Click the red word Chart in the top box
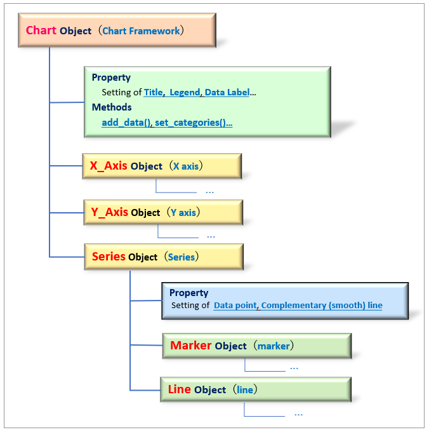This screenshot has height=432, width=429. click(x=41, y=30)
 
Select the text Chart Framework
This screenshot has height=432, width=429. click(x=141, y=31)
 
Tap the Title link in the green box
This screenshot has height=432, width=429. click(x=154, y=92)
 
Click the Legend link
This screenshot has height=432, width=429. click(x=185, y=93)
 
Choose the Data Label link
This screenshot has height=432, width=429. click(x=227, y=92)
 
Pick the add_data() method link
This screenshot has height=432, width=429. click(x=126, y=123)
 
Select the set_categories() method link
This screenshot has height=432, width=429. click(x=194, y=123)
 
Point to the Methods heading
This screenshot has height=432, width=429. click(x=112, y=107)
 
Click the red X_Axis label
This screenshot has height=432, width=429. click(x=109, y=166)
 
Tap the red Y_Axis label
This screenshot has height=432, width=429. click(x=110, y=212)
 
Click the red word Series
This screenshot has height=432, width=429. click(x=109, y=257)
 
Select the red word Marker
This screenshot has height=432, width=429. click(x=190, y=346)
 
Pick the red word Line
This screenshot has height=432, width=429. click(x=180, y=389)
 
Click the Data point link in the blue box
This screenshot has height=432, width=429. click(x=235, y=306)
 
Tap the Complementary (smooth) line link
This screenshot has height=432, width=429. click(x=322, y=306)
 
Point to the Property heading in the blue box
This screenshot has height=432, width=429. click(x=188, y=293)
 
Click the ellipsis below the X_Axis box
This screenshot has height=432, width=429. click(x=209, y=192)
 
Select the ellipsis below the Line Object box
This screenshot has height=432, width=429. click(x=298, y=414)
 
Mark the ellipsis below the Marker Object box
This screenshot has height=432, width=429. click(x=294, y=368)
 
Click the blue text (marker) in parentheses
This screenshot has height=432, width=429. click(x=274, y=346)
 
